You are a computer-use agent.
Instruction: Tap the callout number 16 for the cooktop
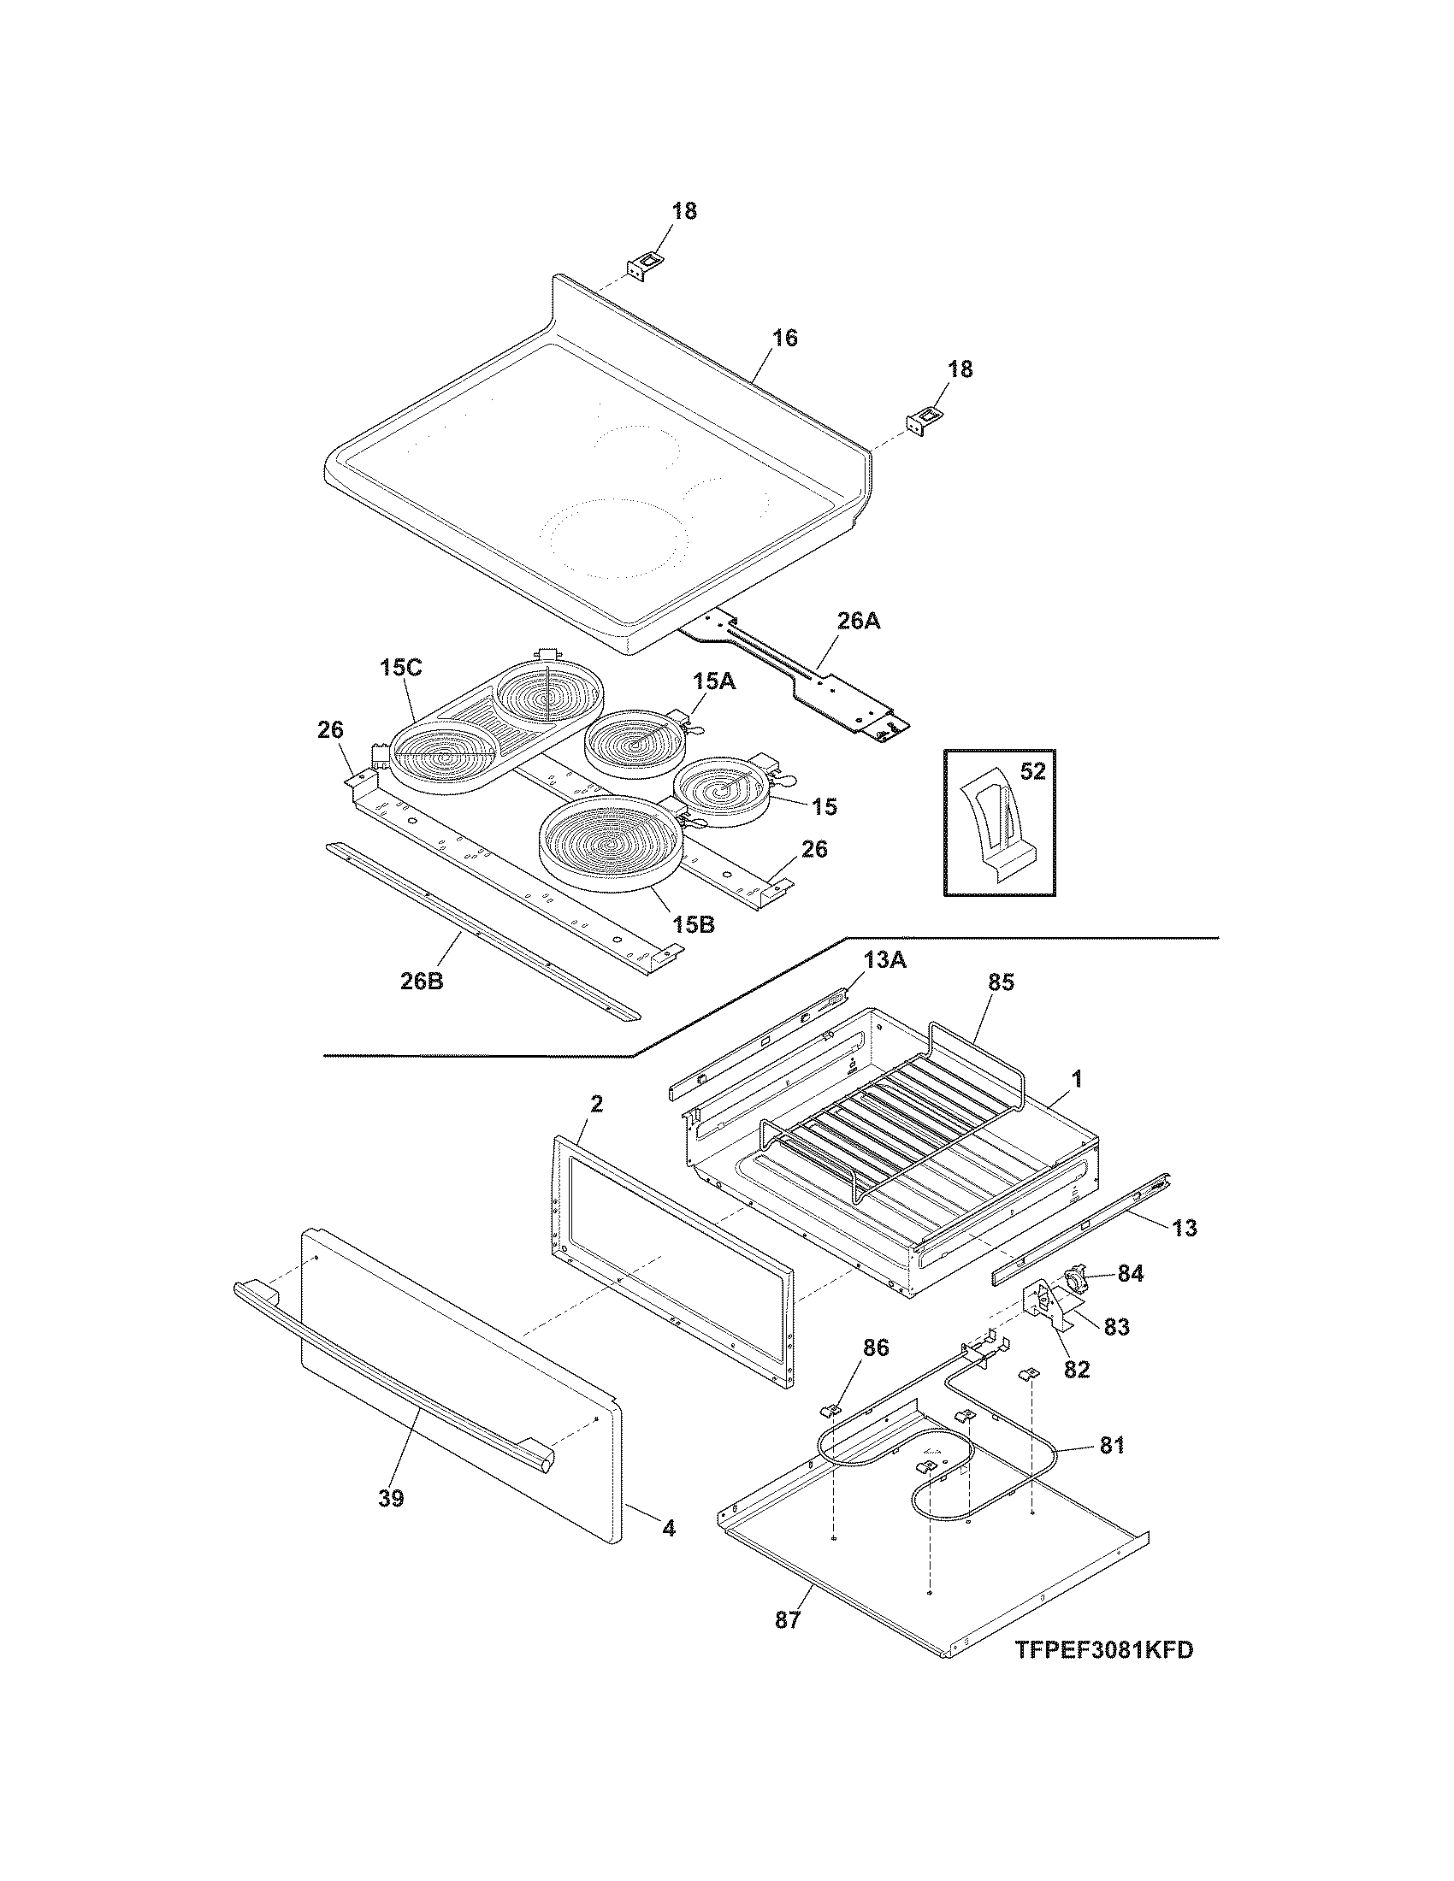click(x=783, y=339)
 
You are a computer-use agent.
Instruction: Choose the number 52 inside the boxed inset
click(x=1032, y=772)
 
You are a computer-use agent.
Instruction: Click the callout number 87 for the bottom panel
click(x=787, y=1619)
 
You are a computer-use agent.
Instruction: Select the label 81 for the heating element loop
click(x=1111, y=1445)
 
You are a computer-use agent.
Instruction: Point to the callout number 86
click(x=876, y=1347)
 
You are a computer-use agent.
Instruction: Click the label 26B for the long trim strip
click(x=422, y=980)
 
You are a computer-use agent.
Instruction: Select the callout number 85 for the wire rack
click(x=1002, y=982)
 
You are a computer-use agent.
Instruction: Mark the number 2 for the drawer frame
click(x=597, y=1103)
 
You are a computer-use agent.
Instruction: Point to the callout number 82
click(x=1077, y=1368)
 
